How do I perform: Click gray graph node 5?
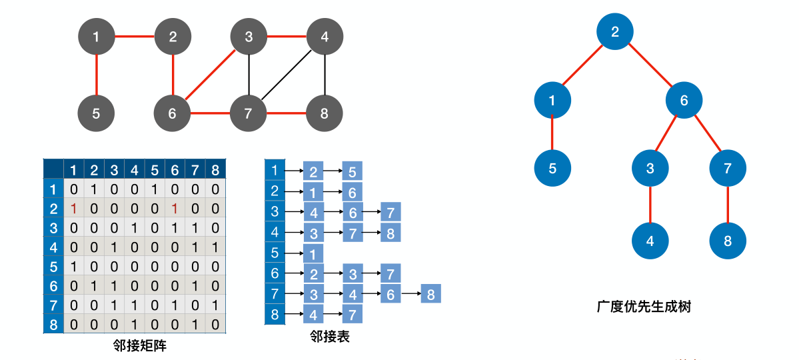click(96, 113)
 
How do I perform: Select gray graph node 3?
click(249, 37)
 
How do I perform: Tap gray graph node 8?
click(325, 113)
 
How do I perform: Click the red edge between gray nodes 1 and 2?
click(135, 36)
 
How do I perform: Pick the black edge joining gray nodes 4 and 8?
click(325, 75)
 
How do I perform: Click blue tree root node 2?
click(614, 31)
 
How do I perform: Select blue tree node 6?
click(684, 101)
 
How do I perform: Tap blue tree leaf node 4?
click(650, 241)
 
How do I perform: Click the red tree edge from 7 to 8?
click(728, 205)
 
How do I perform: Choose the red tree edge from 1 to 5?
click(552, 134)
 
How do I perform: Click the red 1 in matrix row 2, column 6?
click(174, 208)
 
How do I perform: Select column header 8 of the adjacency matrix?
click(214, 170)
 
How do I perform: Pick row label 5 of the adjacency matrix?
click(53, 267)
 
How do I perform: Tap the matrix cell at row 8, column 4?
click(134, 325)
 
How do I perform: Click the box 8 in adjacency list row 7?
click(430, 293)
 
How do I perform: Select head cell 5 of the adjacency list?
click(274, 253)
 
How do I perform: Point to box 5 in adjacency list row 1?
click(352, 171)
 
